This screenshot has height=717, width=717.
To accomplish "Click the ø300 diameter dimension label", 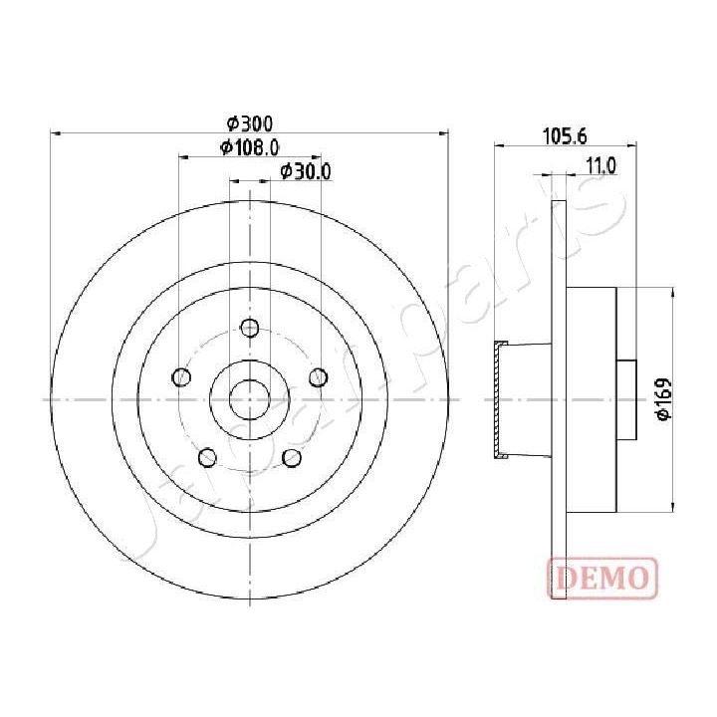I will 249,123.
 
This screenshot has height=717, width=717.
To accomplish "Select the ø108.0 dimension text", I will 249,147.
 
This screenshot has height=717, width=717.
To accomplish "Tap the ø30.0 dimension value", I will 305,171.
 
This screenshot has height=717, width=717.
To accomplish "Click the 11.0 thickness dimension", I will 601,166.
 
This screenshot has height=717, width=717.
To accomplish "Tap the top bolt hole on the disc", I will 250,328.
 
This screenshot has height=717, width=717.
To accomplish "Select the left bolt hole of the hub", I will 181,376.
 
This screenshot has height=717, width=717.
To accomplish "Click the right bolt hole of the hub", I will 319,376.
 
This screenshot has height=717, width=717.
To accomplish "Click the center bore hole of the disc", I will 250,398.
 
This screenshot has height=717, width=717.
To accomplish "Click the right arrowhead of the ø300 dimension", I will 445,132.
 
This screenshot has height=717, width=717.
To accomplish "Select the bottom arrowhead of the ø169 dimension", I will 674,504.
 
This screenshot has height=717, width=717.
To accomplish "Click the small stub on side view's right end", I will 628,398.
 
